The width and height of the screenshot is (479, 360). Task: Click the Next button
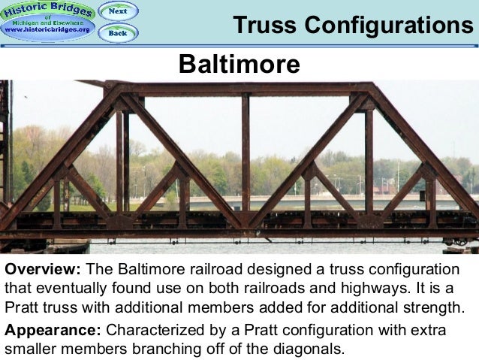coord(118,11)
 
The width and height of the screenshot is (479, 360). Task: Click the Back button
coord(118,33)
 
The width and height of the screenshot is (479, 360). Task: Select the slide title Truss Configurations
coord(353,25)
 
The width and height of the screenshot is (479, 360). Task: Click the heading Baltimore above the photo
coord(239,65)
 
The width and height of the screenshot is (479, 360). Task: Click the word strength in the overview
coord(436,308)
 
